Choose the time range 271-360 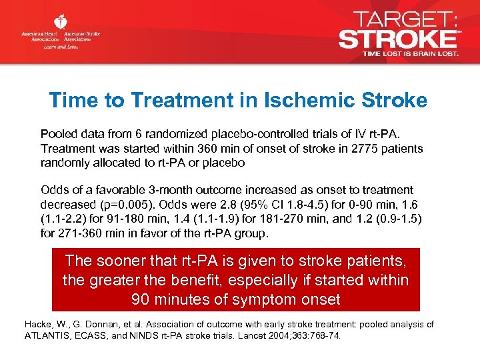click(x=75, y=233)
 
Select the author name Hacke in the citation click(x=38, y=324)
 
